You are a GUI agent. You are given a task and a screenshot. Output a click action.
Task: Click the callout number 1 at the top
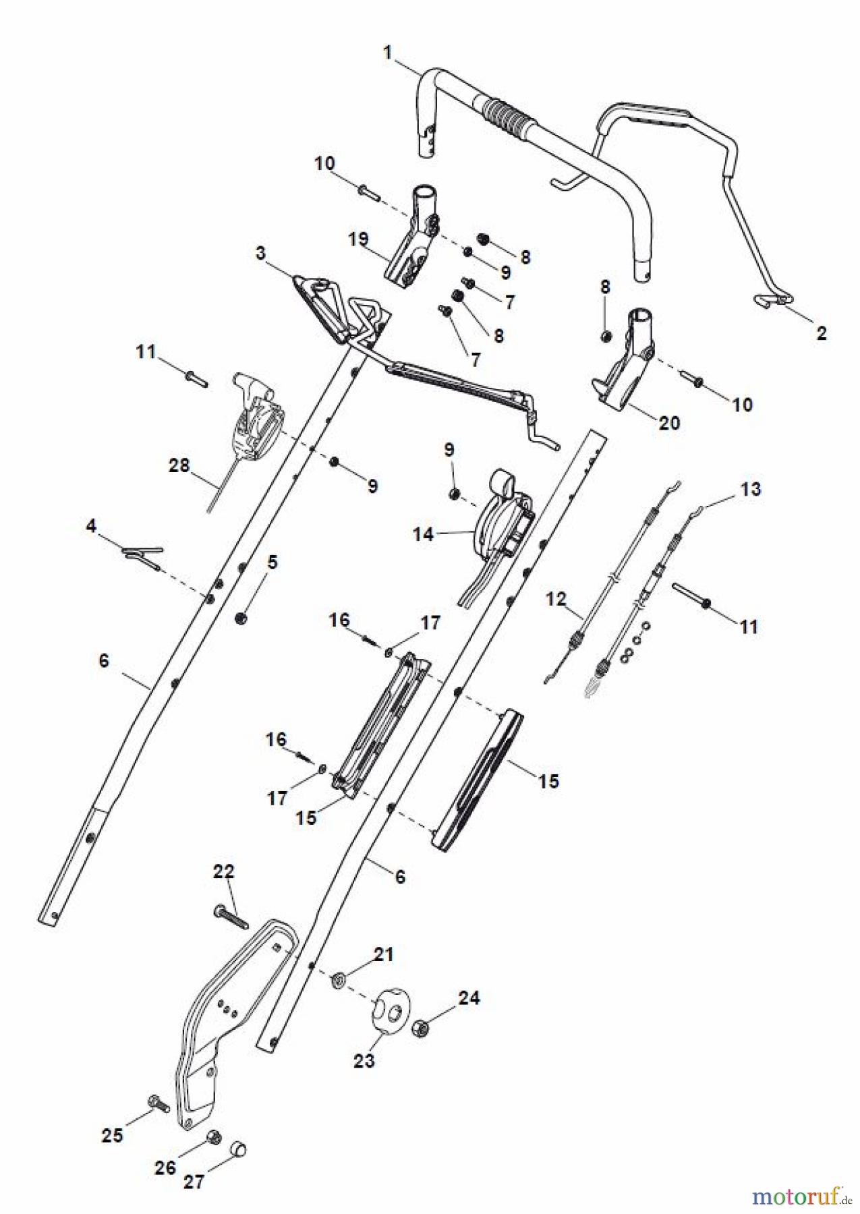[388, 53]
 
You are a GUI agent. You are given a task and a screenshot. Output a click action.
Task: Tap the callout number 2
[821, 333]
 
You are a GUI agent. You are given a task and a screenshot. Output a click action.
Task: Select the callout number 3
[261, 254]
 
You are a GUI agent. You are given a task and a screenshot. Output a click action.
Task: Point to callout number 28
[179, 465]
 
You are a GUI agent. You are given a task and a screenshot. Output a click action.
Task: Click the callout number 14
[423, 534]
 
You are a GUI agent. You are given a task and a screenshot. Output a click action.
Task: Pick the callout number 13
[751, 489]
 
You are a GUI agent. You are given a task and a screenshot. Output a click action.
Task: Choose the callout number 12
[556, 599]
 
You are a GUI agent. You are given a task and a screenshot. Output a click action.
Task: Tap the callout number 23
[364, 1060]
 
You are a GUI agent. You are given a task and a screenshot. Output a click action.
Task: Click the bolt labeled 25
[159, 1103]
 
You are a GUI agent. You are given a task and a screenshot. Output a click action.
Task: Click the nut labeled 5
[241, 617]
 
